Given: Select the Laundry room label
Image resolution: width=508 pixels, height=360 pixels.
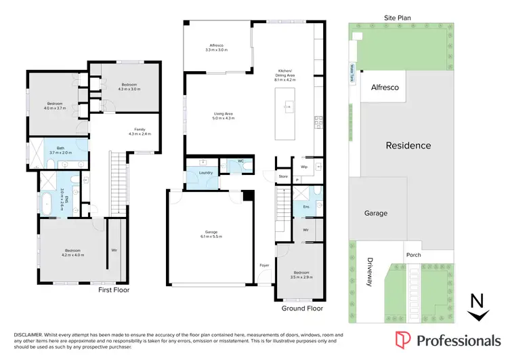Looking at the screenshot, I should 206,173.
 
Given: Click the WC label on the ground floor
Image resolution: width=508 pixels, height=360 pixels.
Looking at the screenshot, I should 240,161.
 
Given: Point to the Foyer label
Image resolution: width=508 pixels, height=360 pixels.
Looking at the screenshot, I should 264,265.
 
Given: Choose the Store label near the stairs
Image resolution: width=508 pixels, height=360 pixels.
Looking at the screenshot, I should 283,176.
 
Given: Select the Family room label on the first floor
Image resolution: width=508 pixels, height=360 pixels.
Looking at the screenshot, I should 140,129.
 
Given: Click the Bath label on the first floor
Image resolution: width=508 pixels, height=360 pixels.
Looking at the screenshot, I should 60,148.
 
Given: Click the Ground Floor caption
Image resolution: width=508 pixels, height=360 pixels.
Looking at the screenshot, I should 301,308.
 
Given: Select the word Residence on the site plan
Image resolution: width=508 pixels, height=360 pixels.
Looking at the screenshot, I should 408,145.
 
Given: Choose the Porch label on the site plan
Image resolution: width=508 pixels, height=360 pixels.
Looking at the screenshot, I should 413,255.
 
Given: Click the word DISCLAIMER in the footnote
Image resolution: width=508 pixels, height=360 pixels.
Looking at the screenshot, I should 28,335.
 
